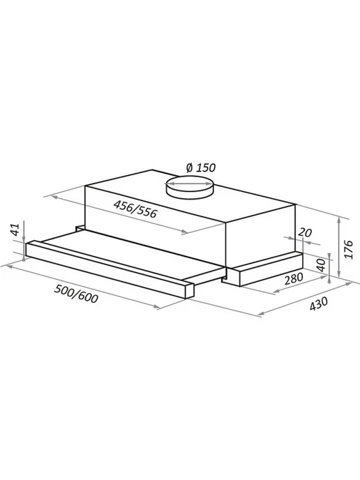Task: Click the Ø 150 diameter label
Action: coord(201,167)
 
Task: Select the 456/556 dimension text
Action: coord(135,209)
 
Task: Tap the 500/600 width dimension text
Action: coord(76,294)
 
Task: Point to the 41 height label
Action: coord(15,230)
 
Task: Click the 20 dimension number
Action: coord(305,233)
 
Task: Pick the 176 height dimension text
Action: coord(348,250)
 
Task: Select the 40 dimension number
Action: coord(321,265)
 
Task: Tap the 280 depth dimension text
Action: coord(294,278)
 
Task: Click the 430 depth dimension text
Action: coord(318,303)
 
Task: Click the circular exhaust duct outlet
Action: coord(189,188)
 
